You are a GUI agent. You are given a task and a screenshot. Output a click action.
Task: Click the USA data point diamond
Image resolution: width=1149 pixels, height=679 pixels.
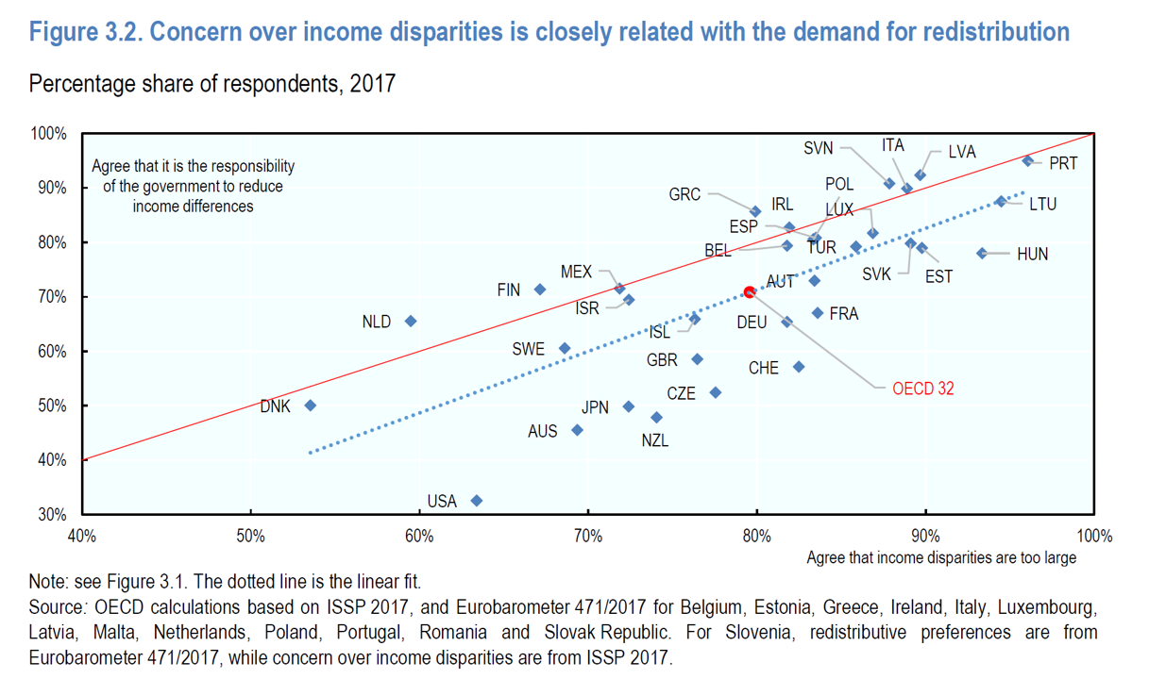click(x=477, y=501)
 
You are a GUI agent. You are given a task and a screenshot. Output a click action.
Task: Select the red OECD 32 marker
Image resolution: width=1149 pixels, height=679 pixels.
click(x=750, y=292)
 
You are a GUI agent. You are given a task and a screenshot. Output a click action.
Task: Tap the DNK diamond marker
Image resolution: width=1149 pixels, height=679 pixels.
click(x=310, y=406)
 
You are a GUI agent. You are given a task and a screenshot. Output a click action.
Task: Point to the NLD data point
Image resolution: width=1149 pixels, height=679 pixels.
click(x=411, y=322)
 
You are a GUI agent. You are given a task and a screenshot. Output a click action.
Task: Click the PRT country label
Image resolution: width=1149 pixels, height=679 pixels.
click(x=1063, y=163)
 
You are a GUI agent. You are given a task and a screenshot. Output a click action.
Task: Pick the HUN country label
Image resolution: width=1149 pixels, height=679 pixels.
click(x=1032, y=254)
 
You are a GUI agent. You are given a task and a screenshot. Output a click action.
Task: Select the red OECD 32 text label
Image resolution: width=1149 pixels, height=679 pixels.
click(x=922, y=388)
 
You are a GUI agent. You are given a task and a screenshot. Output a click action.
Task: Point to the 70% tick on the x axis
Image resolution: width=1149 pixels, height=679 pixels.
click(x=587, y=537)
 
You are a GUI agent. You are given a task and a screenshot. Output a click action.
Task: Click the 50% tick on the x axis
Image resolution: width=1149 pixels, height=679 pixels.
click(x=250, y=537)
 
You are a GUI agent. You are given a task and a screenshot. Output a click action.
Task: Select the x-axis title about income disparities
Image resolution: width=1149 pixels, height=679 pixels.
click(x=940, y=557)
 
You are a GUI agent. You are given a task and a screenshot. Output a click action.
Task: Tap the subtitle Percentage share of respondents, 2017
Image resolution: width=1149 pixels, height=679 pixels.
click(x=212, y=84)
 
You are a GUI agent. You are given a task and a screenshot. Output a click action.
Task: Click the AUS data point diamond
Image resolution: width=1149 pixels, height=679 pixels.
click(x=578, y=430)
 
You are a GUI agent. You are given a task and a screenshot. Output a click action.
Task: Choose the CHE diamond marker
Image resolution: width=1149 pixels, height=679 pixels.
click(x=799, y=366)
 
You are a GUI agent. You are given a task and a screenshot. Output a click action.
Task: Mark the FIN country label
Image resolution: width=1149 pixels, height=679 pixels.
click(x=509, y=290)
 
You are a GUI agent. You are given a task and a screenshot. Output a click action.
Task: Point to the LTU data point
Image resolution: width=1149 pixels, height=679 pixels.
click(x=1001, y=202)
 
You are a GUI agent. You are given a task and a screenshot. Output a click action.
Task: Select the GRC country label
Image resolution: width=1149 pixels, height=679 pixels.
click(x=684, y=195)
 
